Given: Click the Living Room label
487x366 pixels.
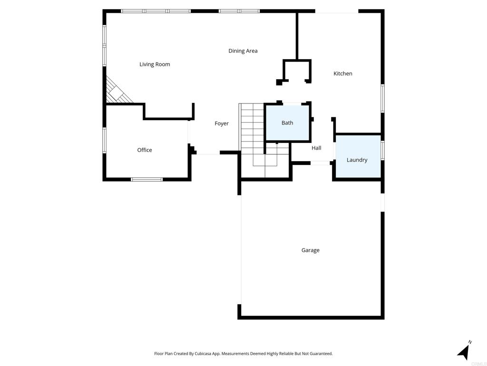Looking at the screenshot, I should tap(155, 64).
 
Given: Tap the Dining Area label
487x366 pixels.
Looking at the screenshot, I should tap(243, 51).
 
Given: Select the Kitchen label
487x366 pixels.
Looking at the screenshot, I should tap(343, 73).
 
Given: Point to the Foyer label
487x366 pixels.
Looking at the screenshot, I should tap(222, 123).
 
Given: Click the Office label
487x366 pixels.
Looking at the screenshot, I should tap(145, 150).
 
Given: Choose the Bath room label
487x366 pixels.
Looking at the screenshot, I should tap(287, 123).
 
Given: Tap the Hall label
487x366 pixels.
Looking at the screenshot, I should tap(316, 148).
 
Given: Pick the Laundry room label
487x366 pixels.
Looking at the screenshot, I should tap(357, 160).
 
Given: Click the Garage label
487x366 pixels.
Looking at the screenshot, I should tap(310, 250).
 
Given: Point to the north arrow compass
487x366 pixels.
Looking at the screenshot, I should tap(464, 351).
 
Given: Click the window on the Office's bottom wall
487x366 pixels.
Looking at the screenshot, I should tap(146, 180).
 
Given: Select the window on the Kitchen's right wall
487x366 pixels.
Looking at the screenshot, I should tap(382, 99).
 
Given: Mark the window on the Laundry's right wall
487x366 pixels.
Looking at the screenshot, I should tap(382, 150).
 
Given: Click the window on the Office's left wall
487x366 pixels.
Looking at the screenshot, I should tap(104, 141).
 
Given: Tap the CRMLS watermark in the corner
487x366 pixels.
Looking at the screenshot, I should tap(478, 363).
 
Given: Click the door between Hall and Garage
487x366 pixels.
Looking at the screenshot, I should tap(320, 163).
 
